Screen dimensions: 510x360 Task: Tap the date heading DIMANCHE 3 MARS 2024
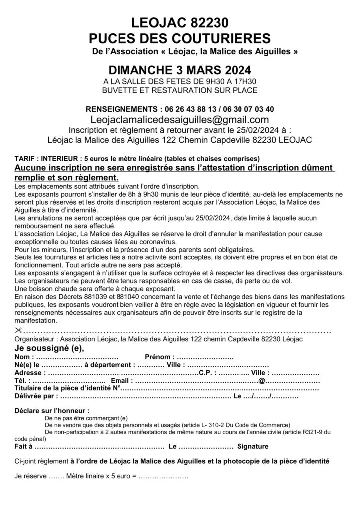click(x=180, y=68)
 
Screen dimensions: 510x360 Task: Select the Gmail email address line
click(x=180, y=120)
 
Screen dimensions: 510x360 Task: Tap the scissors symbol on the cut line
click(x=18, y=331)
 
